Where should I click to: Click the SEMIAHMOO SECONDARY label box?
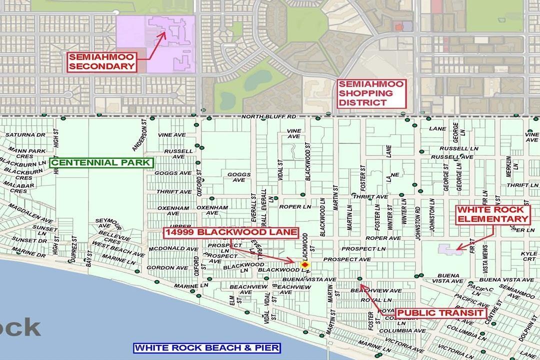point(102,61)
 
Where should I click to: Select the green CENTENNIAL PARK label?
point(100,162)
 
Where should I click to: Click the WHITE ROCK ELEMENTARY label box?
point(492,214)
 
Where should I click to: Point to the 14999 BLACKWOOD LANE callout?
point(231,232)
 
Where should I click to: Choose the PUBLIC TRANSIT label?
point(440,313)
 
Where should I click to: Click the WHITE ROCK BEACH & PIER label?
point(207,348)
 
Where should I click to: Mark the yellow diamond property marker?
point(304,264)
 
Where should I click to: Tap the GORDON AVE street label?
point(162,267)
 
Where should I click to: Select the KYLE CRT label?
point(529,256)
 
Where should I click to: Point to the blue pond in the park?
point(257,78)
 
